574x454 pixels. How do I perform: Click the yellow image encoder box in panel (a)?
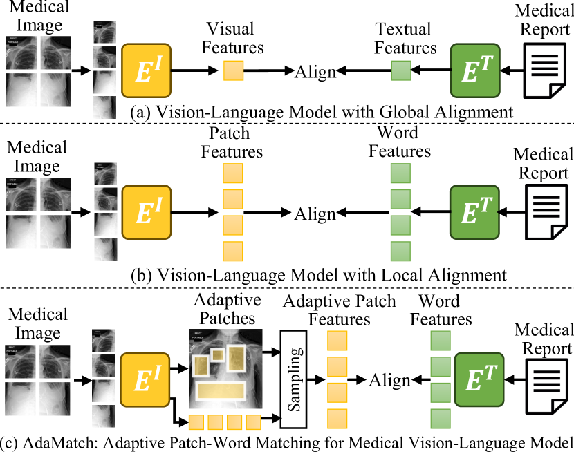(147, 70)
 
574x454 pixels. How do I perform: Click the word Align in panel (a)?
(316, 71)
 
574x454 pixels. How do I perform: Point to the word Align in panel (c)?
(389, 380)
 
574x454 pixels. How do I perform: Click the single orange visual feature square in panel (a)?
(233, 70)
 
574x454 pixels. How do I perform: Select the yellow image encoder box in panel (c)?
(147, 380)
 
